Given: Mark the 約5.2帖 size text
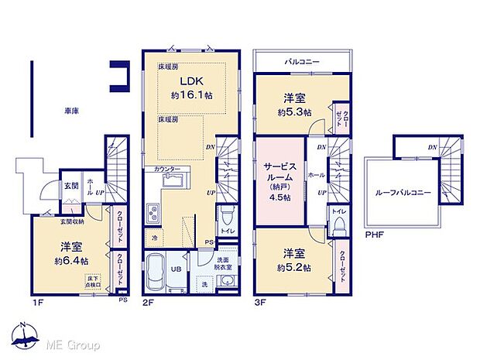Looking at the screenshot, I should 295,266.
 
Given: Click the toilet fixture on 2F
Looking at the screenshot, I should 225,214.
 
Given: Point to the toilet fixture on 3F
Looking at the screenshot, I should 338,225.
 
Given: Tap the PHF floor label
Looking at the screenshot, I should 373,233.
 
